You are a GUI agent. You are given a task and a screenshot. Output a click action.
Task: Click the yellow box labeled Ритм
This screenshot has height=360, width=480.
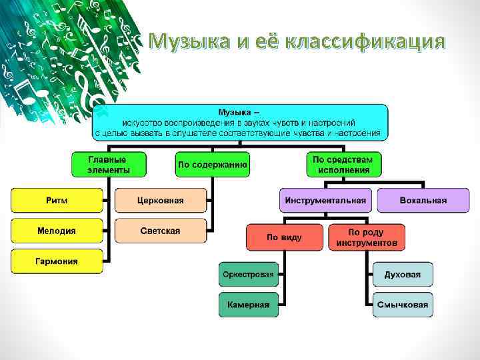[x=57, y=200]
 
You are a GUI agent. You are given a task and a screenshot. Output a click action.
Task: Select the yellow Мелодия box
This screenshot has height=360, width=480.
[x=57, y=231]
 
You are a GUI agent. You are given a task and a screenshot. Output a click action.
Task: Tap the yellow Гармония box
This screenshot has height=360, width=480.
[x=57, y=261]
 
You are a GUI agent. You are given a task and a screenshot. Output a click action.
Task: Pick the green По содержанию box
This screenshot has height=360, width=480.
[x=213, y=165]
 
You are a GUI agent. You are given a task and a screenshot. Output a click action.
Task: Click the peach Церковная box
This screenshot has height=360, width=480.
[x=161, y=200]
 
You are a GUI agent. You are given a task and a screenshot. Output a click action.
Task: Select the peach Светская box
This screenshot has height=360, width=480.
[x=161, y=231]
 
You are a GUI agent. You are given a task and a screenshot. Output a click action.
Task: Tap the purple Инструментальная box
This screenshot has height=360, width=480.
[x=326, y=200]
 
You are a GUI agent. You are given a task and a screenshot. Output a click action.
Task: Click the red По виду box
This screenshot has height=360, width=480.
[x=285, y=237]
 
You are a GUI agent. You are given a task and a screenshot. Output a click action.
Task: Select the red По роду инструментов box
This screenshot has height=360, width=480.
[x=367, y=237]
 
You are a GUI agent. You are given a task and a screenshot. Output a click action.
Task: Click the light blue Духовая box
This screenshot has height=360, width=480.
[x=402, y=274]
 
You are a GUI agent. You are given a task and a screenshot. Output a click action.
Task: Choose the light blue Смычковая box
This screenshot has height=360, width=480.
[x=402, y=305]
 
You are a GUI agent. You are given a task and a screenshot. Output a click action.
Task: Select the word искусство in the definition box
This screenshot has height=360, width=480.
[x=143, y=123]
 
